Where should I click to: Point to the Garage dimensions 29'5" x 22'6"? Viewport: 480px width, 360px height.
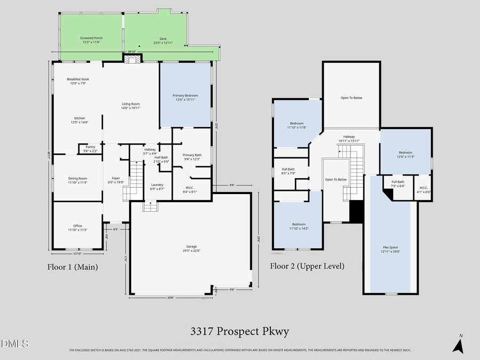coord(190,250)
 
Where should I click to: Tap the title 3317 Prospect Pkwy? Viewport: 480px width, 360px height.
coord(239,332)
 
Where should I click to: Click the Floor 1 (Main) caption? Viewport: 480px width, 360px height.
coord(72,266)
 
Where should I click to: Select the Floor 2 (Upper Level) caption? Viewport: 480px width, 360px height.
coord(307,266)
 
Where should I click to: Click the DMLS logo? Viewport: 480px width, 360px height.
coord(14,343)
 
